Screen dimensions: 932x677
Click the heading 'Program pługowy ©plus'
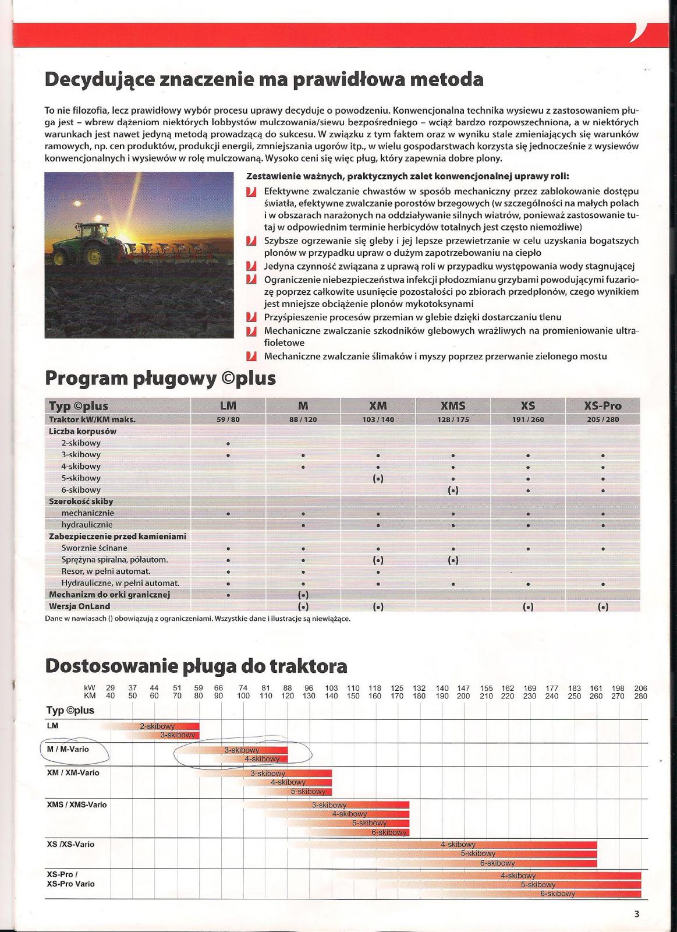(160, 379)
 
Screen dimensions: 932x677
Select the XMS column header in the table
(453, 406)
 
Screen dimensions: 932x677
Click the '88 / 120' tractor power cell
(303, 419)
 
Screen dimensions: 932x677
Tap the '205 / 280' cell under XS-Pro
(602, 419)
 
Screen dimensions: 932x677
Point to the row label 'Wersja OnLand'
(79, 606)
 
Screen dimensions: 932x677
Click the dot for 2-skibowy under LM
(228, 443)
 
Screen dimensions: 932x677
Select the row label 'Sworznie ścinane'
(94, 548)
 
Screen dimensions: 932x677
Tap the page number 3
(637, 914)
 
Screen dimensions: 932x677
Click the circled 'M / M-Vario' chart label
(68, 750)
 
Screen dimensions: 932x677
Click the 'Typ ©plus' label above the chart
(70, 710)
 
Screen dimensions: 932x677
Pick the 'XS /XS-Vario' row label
(70, 844)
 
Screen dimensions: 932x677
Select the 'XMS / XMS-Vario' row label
(76, 804)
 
